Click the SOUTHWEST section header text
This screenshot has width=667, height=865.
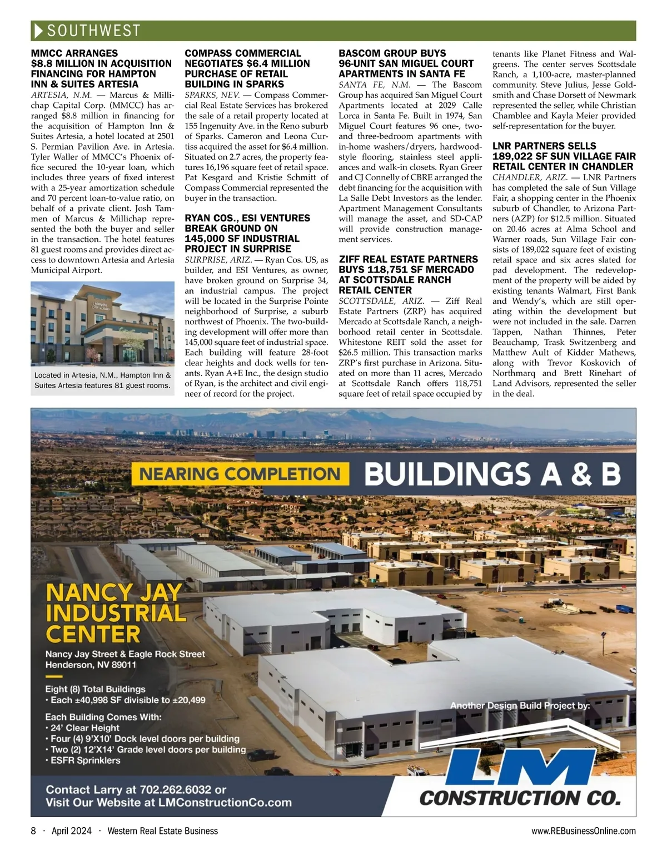tap(93, 31)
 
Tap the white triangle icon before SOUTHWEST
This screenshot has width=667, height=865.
tap(38, 31)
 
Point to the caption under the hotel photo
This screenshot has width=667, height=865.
tap(102, 380)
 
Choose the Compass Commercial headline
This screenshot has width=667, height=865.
tap(247, 68)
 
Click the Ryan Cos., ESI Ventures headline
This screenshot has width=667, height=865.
tap(247, 233)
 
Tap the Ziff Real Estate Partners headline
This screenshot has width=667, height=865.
tap(408, 274)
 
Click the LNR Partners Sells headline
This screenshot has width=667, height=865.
tap(563, 156)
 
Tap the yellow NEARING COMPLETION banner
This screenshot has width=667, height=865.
tap(240, 474)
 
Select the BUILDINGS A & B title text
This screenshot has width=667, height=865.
tap(492, 474)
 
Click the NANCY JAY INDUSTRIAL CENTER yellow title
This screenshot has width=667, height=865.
tap(115, 612)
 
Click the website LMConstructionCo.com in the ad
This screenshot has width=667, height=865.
tap(225, 803)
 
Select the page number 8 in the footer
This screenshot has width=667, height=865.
tap(33, 831)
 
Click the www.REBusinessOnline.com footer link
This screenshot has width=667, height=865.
tap(583, 831)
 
